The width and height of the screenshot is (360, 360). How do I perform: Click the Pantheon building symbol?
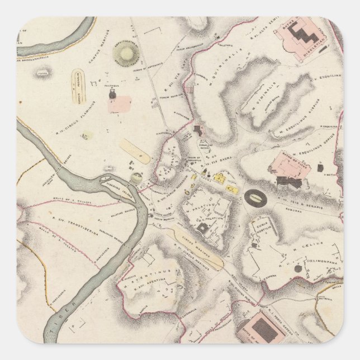(113, 95)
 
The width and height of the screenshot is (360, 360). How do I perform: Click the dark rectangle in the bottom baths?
(263, 329)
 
